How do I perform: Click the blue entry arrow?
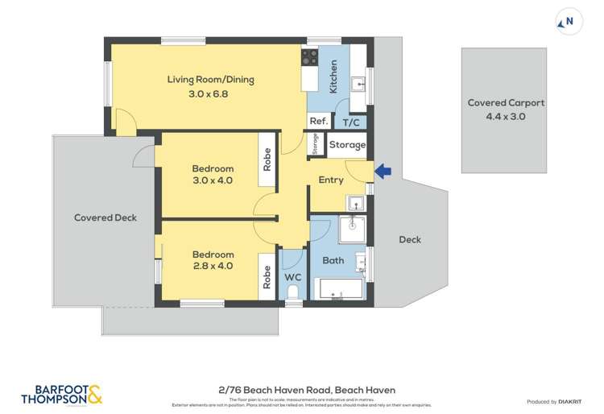pyautogui.click(x=383, y=171)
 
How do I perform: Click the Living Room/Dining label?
pyautogui.click(x=209, y=79)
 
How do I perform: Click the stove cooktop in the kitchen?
pyautogui.click(x=309, y=56)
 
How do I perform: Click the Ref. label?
pyautogui.click(x=318, y=122)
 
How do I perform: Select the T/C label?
pyautogui.click(x=351, y=122)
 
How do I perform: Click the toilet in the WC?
pyautogui.click(x=293, y=292)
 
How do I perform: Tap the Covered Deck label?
pyautogui.click(x=105, y=217)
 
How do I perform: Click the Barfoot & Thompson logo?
pyautogui.click(x=61, y=394)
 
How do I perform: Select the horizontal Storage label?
pyautogui.click(x=347, y=146)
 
